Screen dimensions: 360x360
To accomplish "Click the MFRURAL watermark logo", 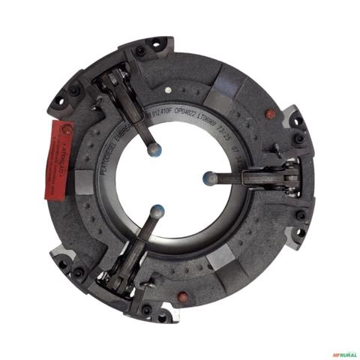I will coord(341,354).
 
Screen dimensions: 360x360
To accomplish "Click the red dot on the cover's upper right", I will coord(271,114).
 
